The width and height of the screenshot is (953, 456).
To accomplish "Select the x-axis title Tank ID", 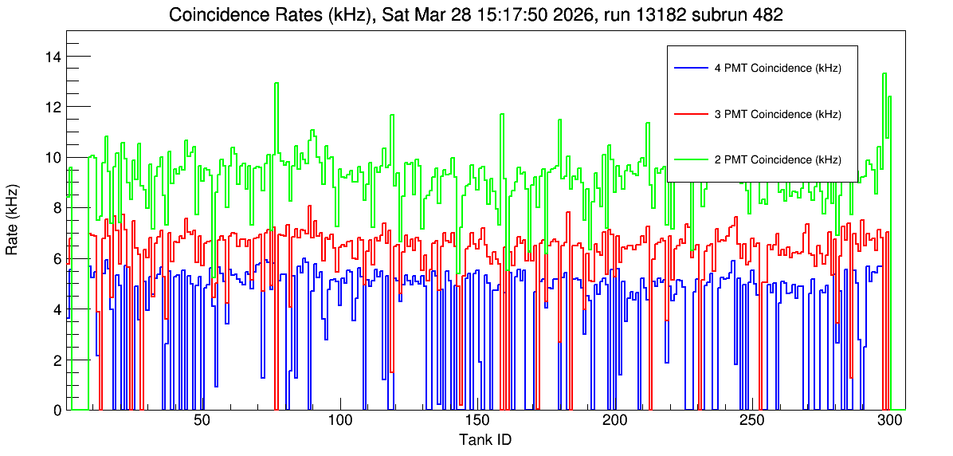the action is point(485,439).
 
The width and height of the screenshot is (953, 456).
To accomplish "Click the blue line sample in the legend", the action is point(691,68).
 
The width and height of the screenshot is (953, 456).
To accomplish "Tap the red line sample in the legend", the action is point(691,114).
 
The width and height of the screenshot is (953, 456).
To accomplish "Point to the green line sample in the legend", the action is point(691,159).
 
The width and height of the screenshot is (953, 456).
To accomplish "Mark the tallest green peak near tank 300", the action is point(884,73).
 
